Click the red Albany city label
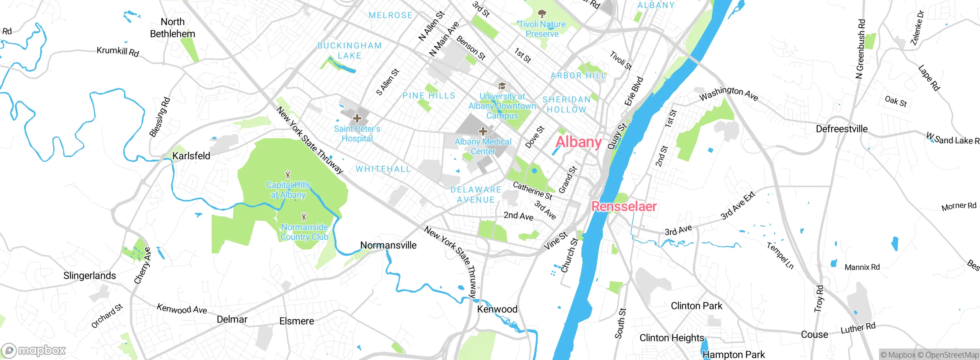(x=578, y=142)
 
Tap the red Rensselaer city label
(x=624, y=206)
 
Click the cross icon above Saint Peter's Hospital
(x=357, y=118)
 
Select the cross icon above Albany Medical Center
(x=483, y=131)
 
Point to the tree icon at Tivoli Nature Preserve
(x=542, y=14)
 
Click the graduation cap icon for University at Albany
(x=502, y=86)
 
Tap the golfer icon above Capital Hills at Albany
(x=288, y=175)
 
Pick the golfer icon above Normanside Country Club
(x=304, y=217)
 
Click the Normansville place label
(x=388, y=245)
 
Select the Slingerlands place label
(x=90, y=275)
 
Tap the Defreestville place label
(x=841, y=129)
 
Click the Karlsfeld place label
(x=191, y=156)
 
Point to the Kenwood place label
(x=497, y=309)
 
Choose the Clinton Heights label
(x=672, y=338)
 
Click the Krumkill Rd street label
(x=118, y=51)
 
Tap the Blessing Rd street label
(x=160, y=117)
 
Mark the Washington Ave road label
(x=728, y=93)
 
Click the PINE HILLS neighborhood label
(x=429, y=95)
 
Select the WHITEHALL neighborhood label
(x=383, y=169)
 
